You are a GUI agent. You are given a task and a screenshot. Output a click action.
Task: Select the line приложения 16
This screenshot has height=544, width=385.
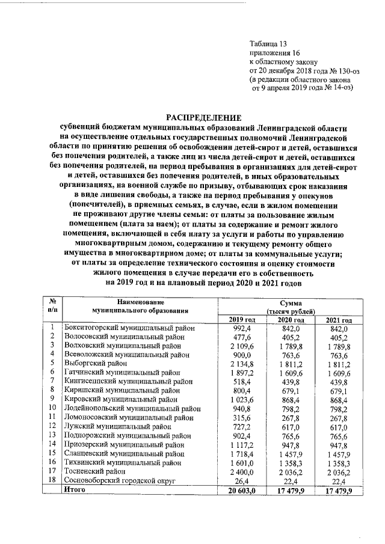click(274, 53)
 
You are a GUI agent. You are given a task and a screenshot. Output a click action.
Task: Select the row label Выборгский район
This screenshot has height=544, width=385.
click(96, 364)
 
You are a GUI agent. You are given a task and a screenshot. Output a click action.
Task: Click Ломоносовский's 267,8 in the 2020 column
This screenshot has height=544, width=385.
click(291, 417)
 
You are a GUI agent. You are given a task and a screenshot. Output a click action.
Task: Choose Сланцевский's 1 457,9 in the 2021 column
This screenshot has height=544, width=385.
click(338, 453)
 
